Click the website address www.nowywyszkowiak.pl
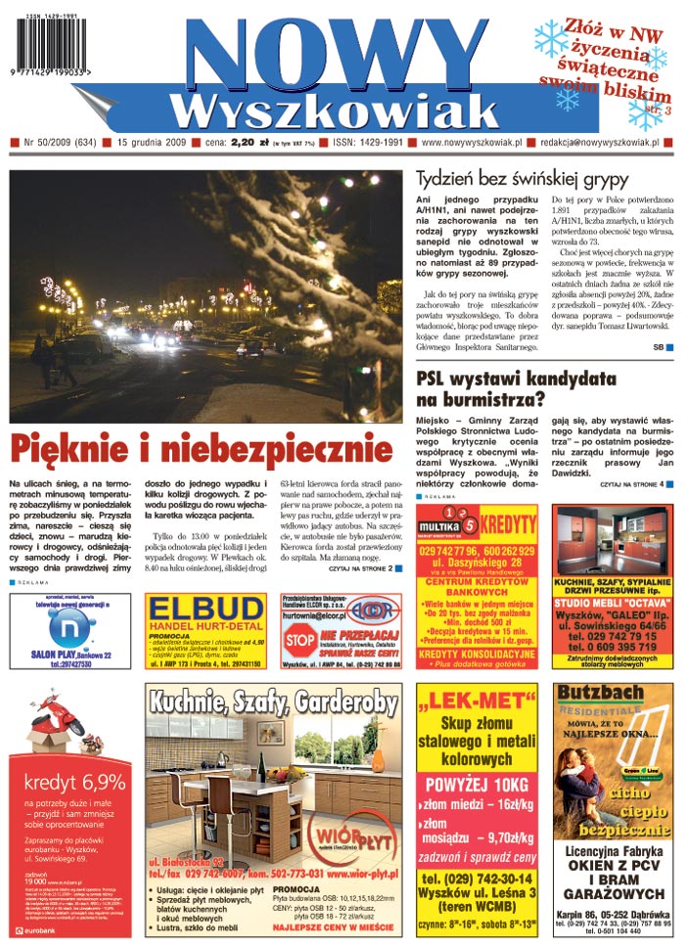coord(469,143)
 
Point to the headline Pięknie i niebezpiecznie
coord(202,451)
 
